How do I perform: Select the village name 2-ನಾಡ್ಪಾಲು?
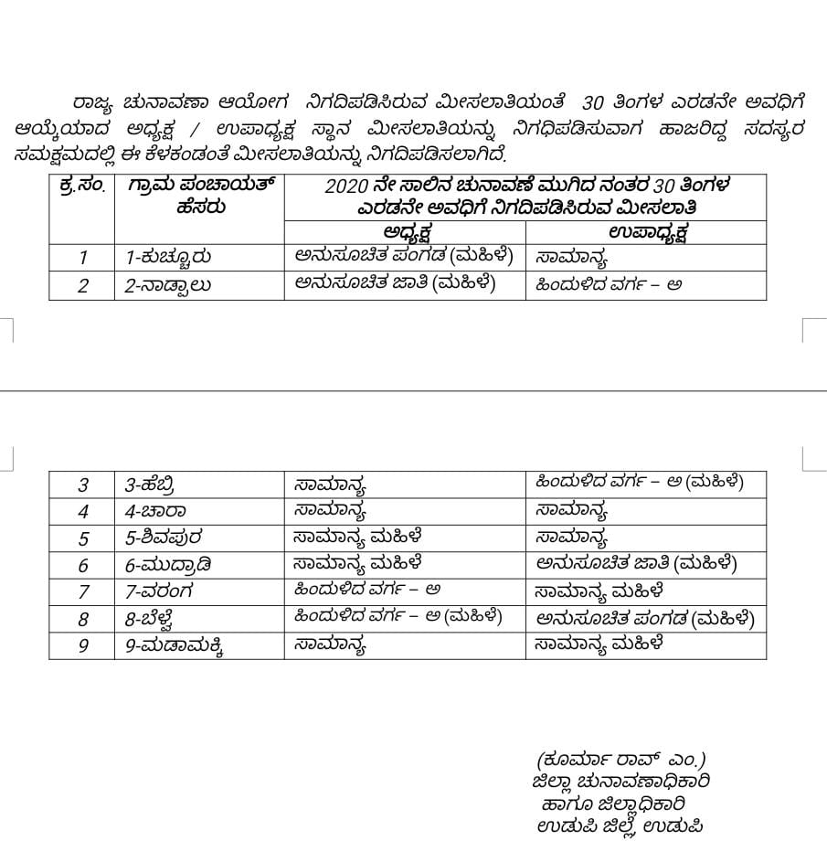point(169,285)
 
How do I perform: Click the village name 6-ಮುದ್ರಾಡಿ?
point(165,565)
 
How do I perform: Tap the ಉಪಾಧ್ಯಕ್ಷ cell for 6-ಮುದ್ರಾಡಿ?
point(637,564)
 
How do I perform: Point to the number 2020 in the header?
point(345,186)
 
